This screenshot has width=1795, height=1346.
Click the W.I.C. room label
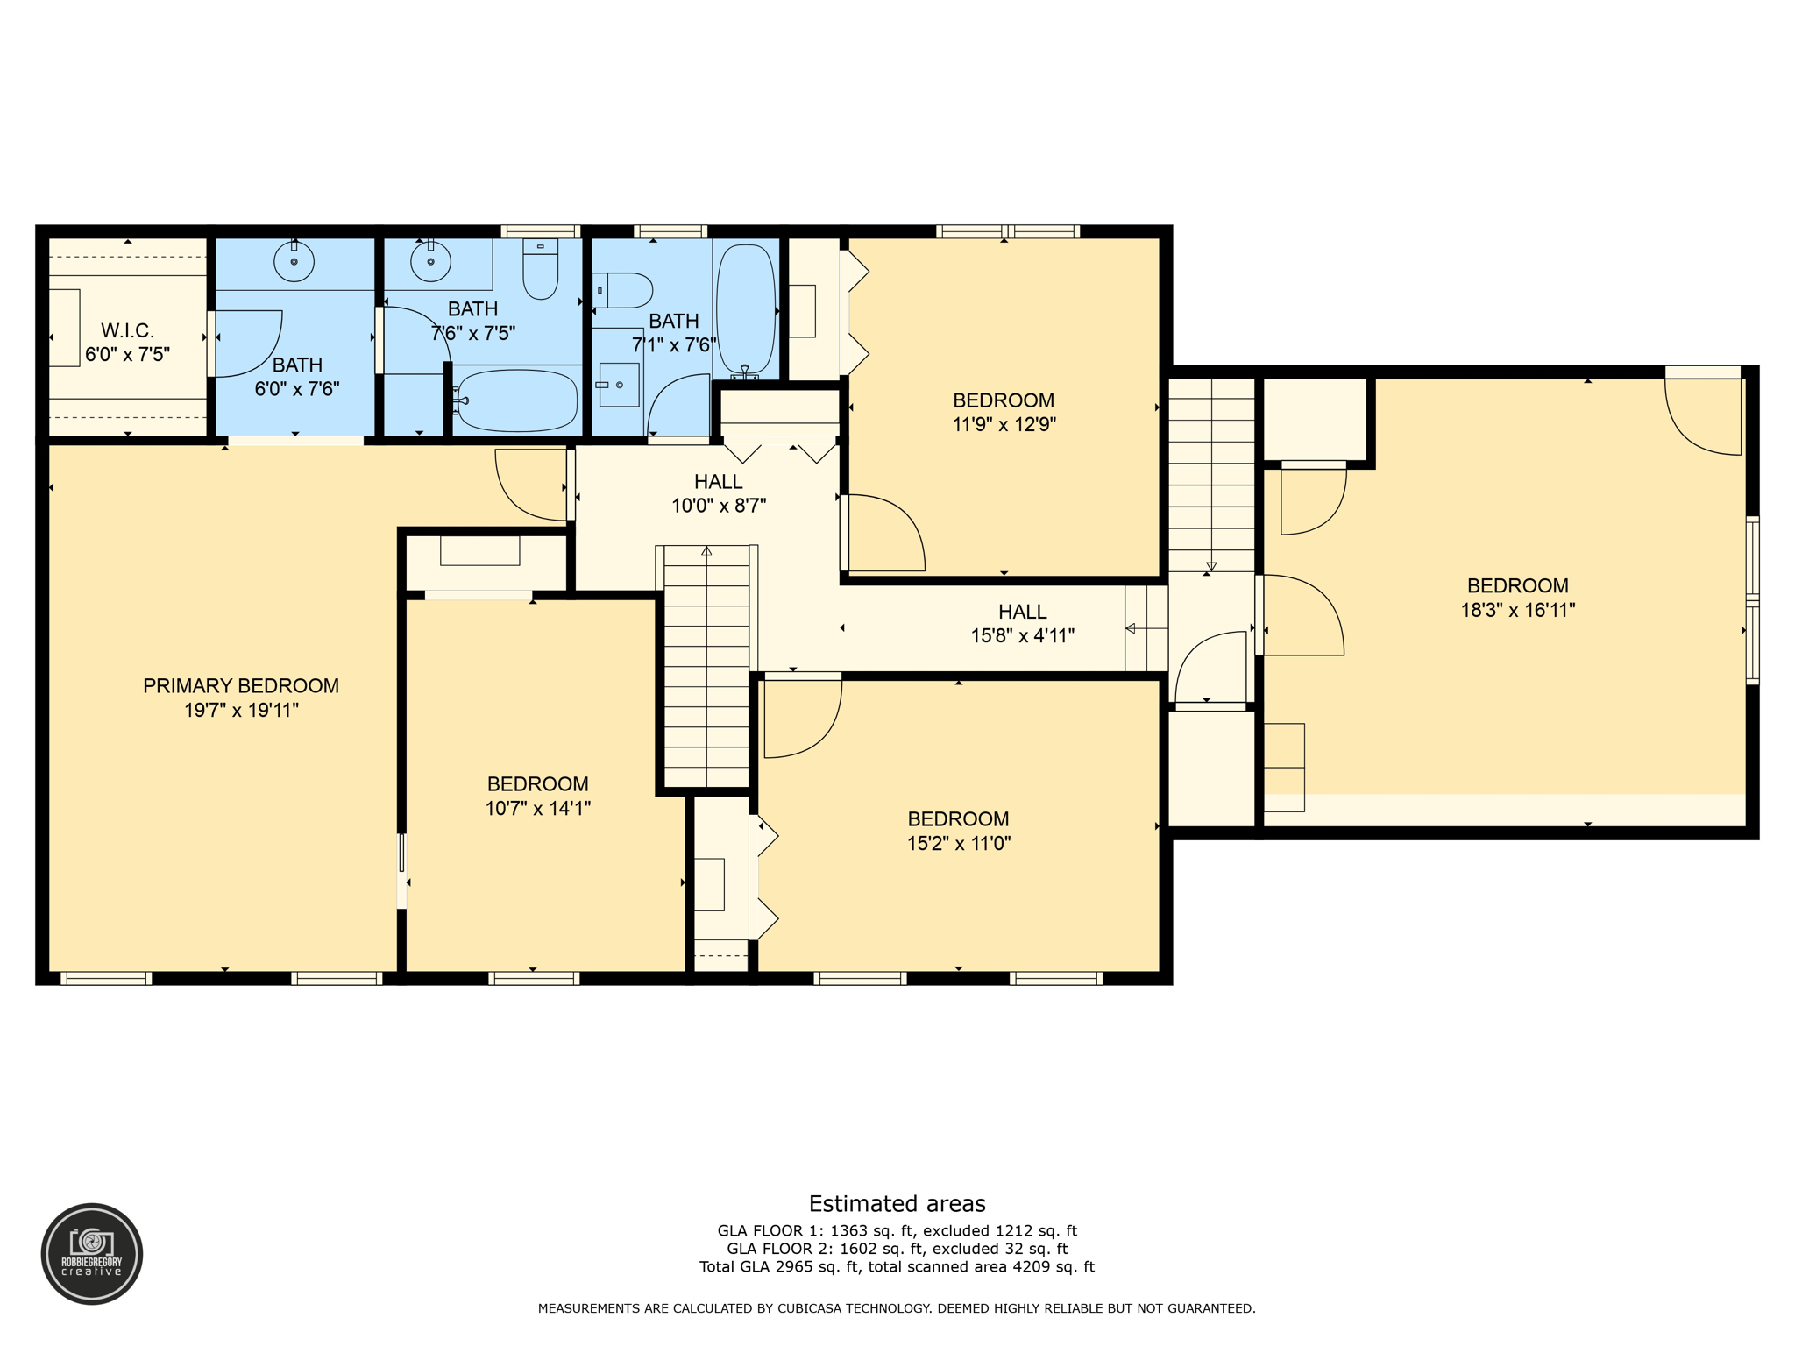point(127,330)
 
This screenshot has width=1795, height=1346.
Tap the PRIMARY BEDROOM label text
point(241,686)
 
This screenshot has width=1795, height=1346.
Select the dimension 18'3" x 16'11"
point(1517,611)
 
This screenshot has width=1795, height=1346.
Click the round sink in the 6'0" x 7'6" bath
point(294,261)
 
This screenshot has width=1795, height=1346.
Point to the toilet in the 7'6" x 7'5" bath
point(540,270)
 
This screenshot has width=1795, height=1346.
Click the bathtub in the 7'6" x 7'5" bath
point(515,400)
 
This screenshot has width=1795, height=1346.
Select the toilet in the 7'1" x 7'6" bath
point(624,290)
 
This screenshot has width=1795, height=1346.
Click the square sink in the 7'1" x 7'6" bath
point(619,385)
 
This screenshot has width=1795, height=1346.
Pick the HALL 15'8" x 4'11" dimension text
point(1022,636)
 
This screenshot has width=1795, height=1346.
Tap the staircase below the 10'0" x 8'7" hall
point(706,666)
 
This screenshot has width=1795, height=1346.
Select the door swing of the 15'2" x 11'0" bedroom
point(802,719)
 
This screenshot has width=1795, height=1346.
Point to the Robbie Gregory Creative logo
point(92,1253)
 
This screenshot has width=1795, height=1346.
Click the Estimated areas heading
point(897,1203)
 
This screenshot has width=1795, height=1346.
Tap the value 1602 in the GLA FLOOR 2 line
point(858,1249)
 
